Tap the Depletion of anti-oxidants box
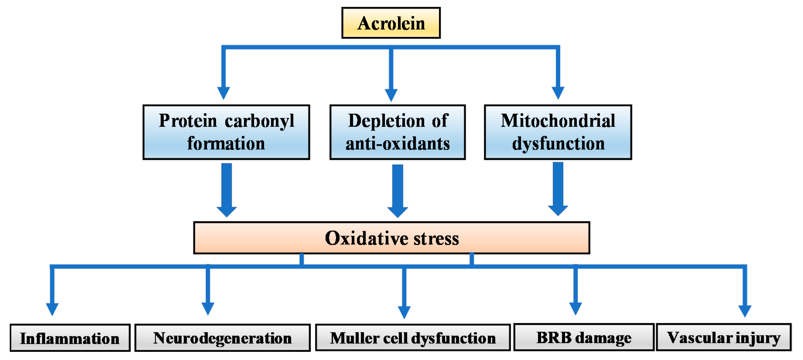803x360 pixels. [x=397, y=132]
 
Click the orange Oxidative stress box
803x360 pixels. [x=391, y=238]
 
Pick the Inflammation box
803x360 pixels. [x=70, y=338]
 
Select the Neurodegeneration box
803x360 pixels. [x=223, y=338]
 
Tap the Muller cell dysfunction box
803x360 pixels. [x=413, y=338]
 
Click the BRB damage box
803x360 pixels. [x=584, y=338]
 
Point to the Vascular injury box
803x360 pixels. [x=724, y=338]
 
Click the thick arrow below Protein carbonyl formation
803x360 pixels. [x=227, y=190]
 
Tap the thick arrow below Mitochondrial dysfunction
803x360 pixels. [x=558, y=189]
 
